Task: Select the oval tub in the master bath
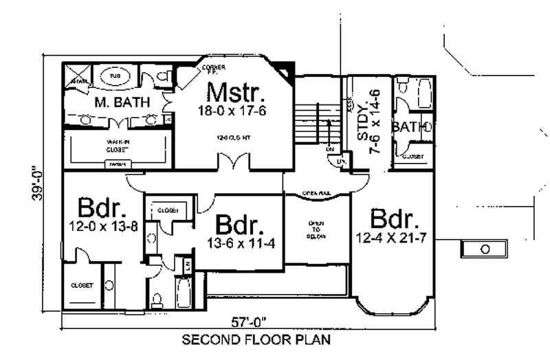point(115,75)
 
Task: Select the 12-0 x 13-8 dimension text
point(102,226)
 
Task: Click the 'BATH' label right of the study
point(407,127)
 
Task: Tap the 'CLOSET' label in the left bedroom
point(82,285)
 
